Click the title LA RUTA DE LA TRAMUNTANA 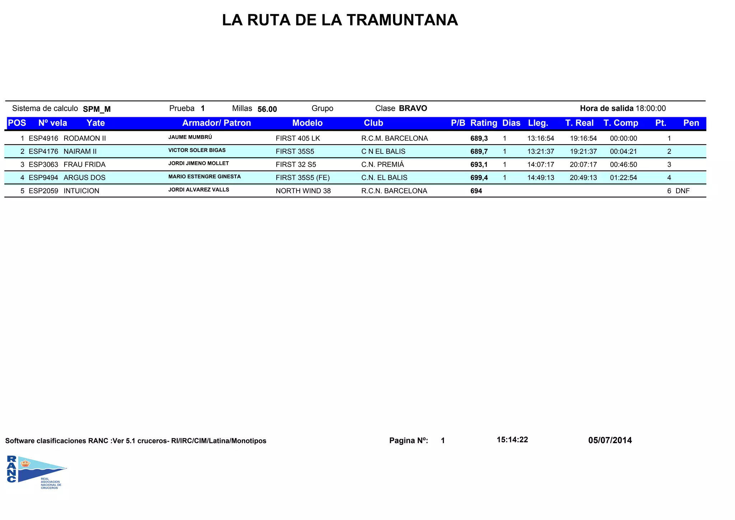pos(340,20)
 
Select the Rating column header pos(483,123)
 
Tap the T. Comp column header pos(621,123)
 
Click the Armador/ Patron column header pos(216,123)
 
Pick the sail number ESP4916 pos(43,138)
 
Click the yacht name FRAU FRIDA pos(84,165)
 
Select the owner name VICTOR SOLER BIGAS pos(197,150)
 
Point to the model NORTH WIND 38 pos(303,191)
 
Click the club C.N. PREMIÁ pos(383,165)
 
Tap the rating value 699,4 pos(479,178)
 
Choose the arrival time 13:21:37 pos(540,152)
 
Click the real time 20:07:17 pos(583,165)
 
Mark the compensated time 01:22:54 pos(623,178)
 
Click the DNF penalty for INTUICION pos(682,191)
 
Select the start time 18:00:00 pos(651,109)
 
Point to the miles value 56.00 pos(267,109)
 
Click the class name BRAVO pos(413,109)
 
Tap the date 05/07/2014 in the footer pos(610,440)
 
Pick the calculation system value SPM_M pos(97,109)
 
